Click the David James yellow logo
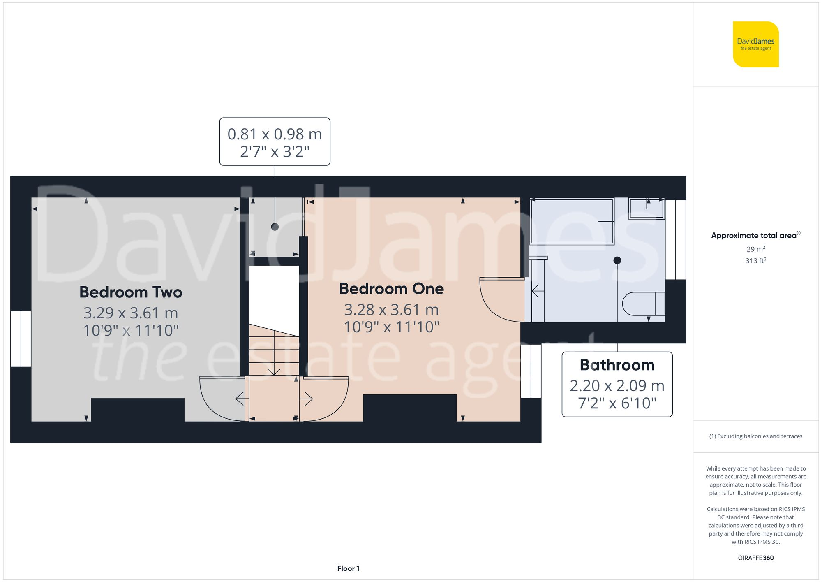755,44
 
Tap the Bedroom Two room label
131,292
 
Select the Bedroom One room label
391,289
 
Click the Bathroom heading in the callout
617,365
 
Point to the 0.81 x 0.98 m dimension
275,134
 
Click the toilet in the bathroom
643,304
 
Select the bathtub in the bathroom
572,221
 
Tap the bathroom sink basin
647,208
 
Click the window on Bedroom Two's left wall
21,339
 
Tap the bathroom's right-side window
675,240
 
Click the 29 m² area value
755,249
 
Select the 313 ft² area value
755,261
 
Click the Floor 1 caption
348,568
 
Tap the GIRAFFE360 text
755,558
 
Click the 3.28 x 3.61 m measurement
391,310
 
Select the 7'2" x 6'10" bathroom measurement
617,403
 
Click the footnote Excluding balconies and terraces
755,436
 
